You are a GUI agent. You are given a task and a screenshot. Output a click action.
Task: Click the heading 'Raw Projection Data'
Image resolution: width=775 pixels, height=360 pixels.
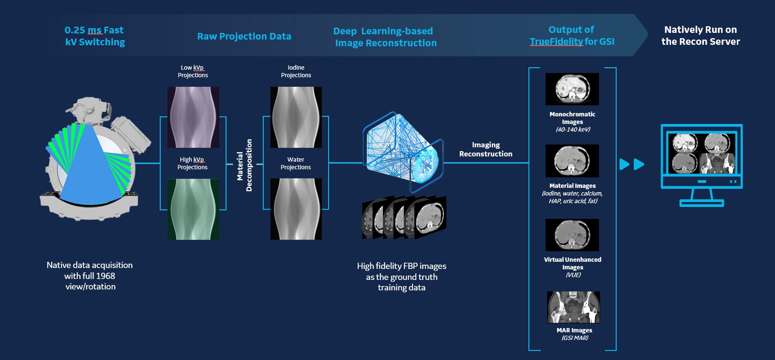(x=244, y=36)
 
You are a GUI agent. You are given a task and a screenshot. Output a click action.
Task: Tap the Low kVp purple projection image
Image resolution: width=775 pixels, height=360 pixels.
(x=193, y=117)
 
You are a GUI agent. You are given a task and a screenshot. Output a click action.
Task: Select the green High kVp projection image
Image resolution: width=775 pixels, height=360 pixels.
(x=193, y=209)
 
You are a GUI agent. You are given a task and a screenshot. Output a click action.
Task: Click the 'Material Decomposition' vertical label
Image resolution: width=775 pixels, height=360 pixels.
(x=245, y=165)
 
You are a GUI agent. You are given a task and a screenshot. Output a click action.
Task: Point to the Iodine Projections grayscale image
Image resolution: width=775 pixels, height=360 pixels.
(x=296, y=117)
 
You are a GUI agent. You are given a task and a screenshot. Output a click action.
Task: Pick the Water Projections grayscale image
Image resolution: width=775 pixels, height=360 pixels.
(x=296, y=209)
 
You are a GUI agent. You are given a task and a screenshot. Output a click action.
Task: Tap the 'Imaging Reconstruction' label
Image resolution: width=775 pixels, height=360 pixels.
(x=486, y=149)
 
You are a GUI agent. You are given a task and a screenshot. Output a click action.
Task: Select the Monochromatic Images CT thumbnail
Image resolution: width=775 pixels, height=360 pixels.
(x=572, y=89)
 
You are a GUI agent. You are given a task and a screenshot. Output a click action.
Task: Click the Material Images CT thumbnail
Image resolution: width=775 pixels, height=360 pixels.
(x=572, y=161)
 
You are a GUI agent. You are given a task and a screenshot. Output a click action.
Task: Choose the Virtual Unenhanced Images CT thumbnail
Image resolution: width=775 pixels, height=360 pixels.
(x=572, y=235)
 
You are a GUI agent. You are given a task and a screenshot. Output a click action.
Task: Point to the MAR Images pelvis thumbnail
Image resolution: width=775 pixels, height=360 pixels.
(x=574, y=307)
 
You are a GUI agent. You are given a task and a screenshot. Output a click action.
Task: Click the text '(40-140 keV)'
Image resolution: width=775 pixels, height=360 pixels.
(x=573, y=130)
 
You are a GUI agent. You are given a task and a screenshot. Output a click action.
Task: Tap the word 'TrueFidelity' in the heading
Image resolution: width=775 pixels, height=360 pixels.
(x=557, y=42)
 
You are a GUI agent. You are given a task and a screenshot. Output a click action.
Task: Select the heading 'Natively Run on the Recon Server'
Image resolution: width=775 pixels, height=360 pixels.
(x=701, y=36)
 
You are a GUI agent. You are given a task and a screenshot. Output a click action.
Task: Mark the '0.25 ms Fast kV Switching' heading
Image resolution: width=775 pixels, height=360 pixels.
(x=95, y=36)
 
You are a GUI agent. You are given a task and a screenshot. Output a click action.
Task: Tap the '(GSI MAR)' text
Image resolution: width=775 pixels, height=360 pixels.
(x=575, y=338)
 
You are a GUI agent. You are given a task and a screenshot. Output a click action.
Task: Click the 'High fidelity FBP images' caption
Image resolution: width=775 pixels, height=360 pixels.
(x=402, y=266)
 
